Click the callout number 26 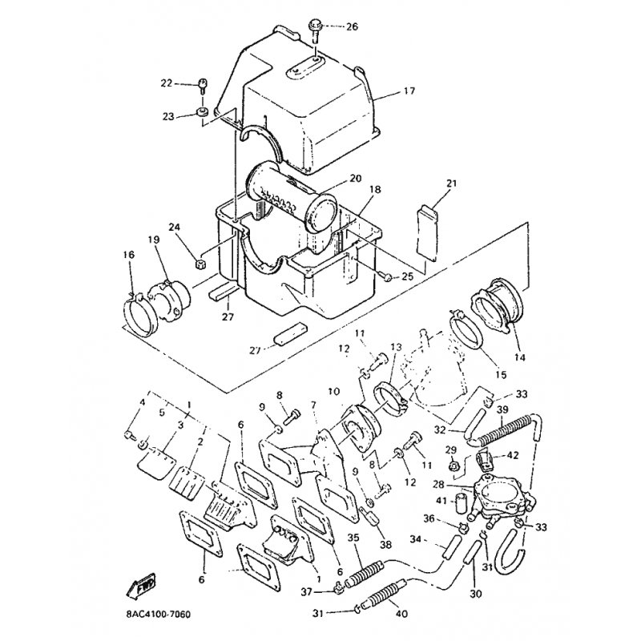352,26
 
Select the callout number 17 409,91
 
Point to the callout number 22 167,83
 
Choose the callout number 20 356,178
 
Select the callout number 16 129,255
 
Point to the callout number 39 503,409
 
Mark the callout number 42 513,455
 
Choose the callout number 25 407,276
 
